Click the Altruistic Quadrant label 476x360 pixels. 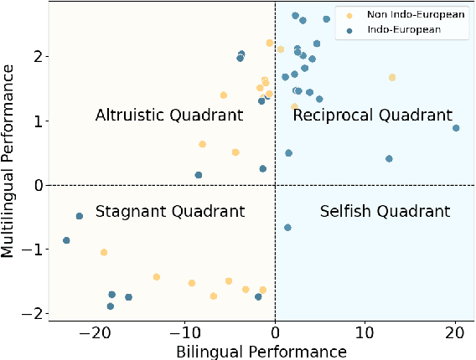click(x=169, y=115)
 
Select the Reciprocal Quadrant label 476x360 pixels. click(x=372, y=115)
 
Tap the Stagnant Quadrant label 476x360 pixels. click(x=170, y=212)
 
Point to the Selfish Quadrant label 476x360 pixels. click(x=373, y=212)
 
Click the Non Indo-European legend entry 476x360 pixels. click(x=400, y=14)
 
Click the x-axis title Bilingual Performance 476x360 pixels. click(x=261, y=351)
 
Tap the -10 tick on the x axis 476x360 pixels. click(x=184, y=332)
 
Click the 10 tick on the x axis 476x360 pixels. click(x=365, y=332)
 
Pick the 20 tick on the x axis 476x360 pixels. click(x=455, y=332)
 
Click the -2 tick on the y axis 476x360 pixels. click(x=34, y=313)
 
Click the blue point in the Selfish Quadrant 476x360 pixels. click(x=287, y=227)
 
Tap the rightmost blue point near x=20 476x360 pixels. click(x=456, y=128)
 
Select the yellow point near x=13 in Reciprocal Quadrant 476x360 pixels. click(x=391, y=77)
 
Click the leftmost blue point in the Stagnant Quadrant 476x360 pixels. click(x=66, y=240)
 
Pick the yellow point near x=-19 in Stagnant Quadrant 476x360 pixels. click(x=104, y=252)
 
